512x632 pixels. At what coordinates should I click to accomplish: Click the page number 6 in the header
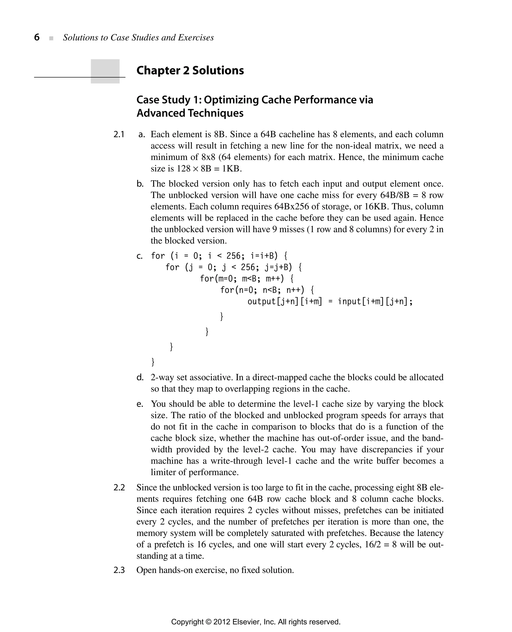[37, 37]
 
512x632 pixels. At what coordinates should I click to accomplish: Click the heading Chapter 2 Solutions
[190, 71]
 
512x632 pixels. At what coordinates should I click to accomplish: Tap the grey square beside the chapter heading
[105, 71]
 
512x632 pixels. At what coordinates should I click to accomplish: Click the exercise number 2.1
[118, 135]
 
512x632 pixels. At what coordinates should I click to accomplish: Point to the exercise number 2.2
[119, 487]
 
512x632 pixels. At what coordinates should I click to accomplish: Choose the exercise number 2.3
[119, 570]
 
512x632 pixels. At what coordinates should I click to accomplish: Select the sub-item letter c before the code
[139, 256]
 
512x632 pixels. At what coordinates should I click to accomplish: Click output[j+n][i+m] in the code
[284, 302]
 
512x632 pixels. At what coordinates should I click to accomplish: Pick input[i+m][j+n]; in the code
[375, 302]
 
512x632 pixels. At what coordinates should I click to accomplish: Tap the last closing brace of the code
[153, 361]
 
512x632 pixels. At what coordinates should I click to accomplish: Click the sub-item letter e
[139, 404]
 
